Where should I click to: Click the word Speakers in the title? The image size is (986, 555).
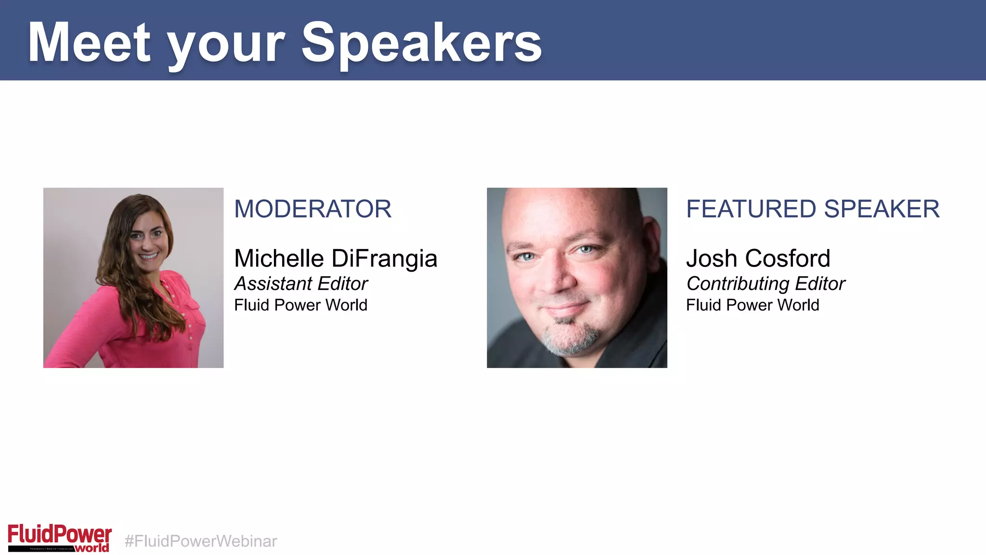click(421, 43)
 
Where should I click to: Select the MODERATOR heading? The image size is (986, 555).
click(312, 209)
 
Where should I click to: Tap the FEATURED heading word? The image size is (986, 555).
click(751, 209)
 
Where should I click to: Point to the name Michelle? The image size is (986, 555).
click(279, 259)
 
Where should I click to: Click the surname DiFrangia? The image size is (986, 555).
click(384, 259)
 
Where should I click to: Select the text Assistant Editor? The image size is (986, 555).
click(301, 284)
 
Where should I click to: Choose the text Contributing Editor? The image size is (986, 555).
click(765, 284)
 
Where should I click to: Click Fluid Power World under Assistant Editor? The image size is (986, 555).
click(300, 305)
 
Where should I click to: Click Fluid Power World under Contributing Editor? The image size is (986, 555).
click(752, 305)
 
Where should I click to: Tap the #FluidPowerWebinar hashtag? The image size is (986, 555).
click(200, 541)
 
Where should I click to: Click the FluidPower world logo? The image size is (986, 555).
click(59, 538)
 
